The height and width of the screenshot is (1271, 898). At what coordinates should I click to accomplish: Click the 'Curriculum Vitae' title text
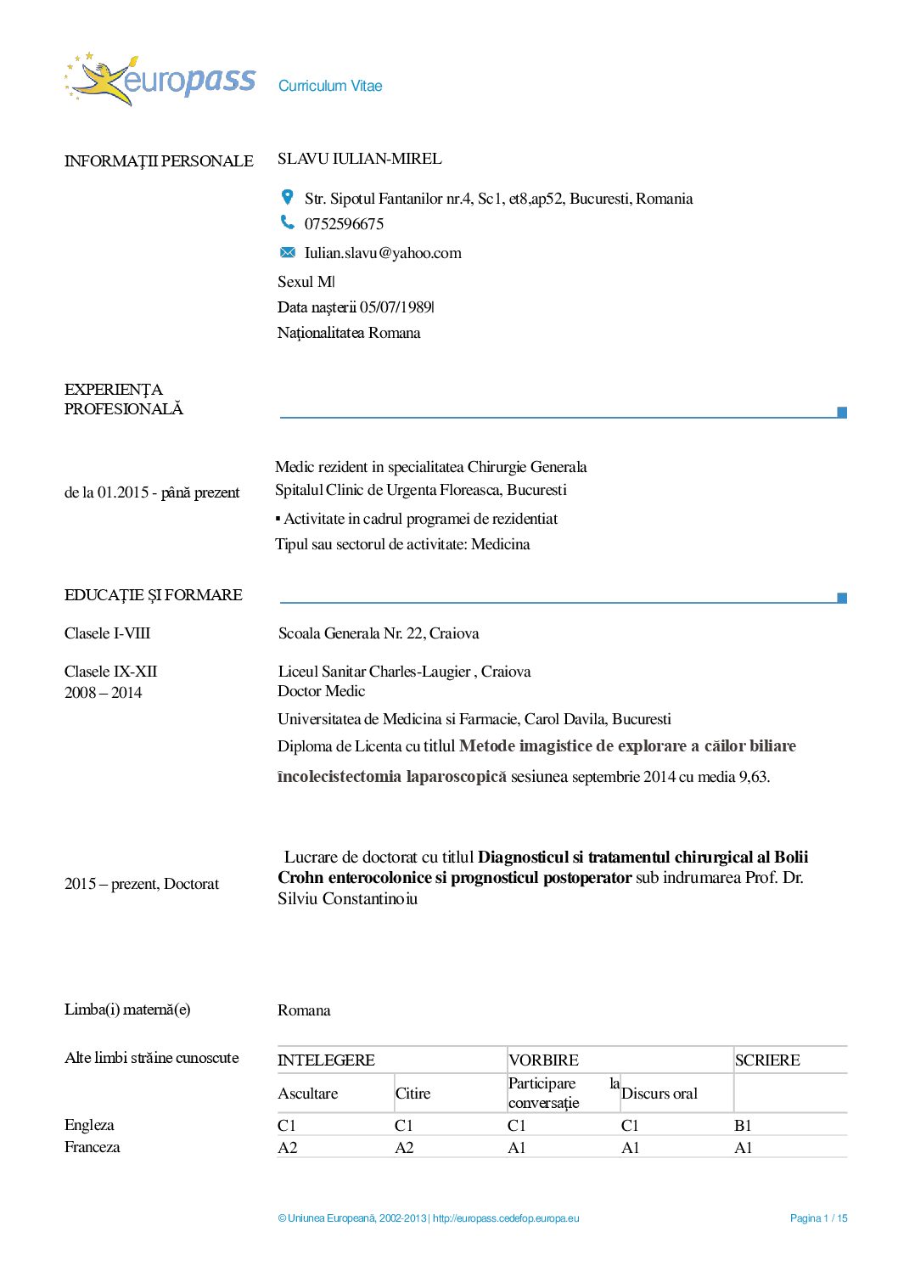click(330, 86)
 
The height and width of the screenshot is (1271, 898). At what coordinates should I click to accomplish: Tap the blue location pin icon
click(288, 197)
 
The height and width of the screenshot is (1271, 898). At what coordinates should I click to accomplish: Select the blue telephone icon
click(288, 222)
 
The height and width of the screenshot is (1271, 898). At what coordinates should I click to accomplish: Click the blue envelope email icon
click(288, 252)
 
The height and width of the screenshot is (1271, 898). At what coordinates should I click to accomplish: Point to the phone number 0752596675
click(344, 224)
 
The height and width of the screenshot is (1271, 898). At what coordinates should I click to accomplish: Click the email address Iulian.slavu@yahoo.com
click(383, 253)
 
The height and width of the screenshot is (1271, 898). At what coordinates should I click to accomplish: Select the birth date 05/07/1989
click(396, 307)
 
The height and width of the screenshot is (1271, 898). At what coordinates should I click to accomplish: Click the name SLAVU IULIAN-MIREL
click(359, 159)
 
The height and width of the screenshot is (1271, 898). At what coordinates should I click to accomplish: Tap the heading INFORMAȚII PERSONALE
click(159, 161)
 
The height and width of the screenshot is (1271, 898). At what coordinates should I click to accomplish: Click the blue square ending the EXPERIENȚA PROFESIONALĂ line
click(842, 413)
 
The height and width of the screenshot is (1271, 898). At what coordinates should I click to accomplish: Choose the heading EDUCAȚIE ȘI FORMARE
click(154, 595)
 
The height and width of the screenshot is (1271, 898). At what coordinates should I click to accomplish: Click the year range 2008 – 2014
click(104, 693)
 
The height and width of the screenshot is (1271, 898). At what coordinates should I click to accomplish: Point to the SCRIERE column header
click(767, 1060)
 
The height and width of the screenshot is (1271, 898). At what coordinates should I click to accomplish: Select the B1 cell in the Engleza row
click(743, 1126)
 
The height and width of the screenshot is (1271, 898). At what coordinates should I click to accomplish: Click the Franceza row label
click(93, 1147)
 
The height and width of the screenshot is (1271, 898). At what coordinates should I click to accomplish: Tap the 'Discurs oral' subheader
click(659, 1094)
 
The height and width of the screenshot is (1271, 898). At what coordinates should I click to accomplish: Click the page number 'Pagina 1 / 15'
click(818, 1218)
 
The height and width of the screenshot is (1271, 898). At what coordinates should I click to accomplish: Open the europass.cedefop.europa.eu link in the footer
click(506, 1218)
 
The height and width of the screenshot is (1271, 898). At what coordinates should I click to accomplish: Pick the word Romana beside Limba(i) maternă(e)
click(304, 1010)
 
